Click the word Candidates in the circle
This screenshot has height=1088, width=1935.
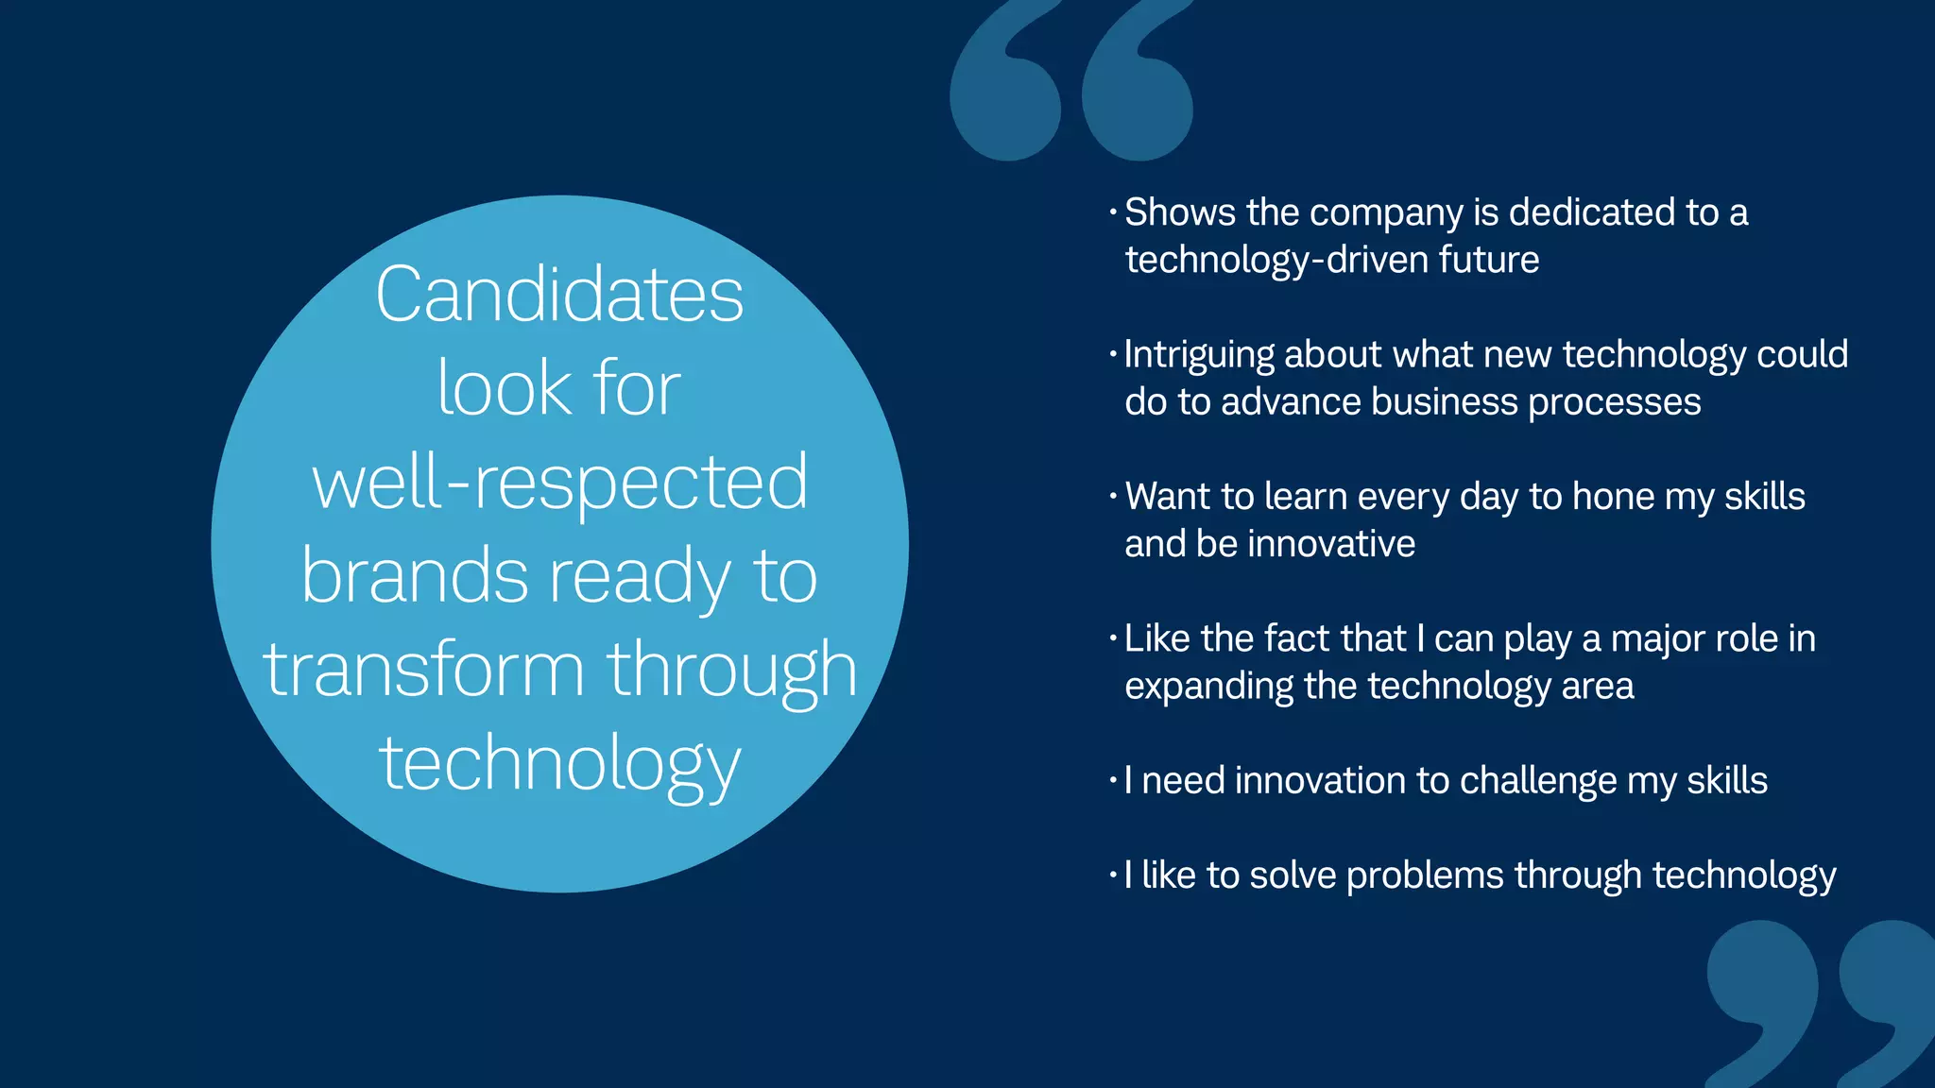(559, 295)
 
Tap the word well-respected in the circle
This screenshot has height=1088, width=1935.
(559, 482)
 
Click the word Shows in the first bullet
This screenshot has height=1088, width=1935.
(1180, 212)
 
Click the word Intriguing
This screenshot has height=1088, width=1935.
(1199, 355)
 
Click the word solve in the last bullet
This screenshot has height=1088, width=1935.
(1292, 875)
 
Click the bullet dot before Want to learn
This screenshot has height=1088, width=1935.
(1113, 497)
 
